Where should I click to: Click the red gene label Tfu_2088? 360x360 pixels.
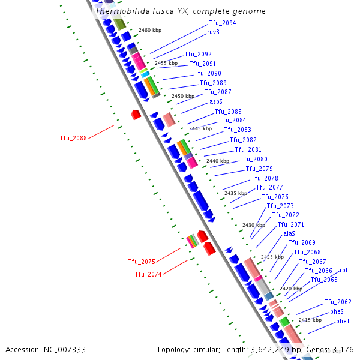73,138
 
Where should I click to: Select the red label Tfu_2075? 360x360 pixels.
142,262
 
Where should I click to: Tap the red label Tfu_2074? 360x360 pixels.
148,274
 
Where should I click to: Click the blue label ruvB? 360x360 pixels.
213,32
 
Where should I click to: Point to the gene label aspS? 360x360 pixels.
216,102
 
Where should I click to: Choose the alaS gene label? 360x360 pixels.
289,233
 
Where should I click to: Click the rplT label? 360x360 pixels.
346,271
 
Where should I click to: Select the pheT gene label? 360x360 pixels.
343,321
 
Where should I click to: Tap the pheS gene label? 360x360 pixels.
337,311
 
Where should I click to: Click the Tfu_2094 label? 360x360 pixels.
223,23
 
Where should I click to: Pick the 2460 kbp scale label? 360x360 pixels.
150,29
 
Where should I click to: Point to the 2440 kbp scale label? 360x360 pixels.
218,161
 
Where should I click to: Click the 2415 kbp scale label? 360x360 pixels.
311,320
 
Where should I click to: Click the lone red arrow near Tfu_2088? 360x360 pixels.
136,113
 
